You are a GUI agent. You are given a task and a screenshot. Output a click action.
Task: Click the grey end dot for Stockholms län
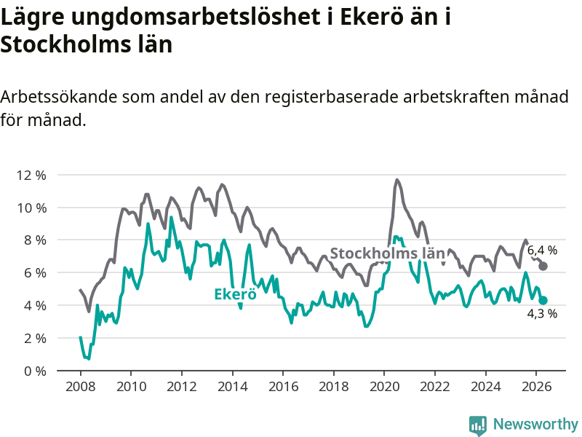[x=543, y=266]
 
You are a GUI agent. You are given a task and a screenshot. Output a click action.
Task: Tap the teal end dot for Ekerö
[x=543, y=300]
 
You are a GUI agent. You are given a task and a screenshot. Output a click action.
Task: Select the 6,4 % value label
[x=542, y=251]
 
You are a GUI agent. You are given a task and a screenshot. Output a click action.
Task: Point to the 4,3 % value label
[x=542, y=314]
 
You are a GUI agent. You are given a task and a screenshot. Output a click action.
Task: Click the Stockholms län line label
[x=387, y=253]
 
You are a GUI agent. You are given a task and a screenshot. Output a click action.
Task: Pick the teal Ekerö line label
[x=235, y=294]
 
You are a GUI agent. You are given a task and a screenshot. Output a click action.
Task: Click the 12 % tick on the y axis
[x=31, y=175]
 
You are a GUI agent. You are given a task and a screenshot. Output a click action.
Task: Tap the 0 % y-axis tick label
[x=35, y=371]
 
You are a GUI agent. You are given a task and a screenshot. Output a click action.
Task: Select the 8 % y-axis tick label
[x=35, y=240]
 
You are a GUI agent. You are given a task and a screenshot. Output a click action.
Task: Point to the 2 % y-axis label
[x=35, y=338]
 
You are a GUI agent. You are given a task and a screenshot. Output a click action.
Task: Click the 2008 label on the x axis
[x=81, y=387]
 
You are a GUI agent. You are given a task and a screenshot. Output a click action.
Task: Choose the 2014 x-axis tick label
[x=232, y=387]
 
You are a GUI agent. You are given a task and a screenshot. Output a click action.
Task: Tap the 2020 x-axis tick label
[x=384, y=387]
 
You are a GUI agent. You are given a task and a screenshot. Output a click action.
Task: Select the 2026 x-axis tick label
[x=536, y=387]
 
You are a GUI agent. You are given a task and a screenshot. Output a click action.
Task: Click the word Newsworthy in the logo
[x=535, y=424]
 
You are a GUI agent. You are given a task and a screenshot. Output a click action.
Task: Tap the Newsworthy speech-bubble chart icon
[x=478, y=425]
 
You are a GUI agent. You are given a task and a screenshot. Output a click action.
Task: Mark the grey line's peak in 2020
[x=396, y=180]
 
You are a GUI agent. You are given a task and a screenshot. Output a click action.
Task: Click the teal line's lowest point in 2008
[x=89, y=358]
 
